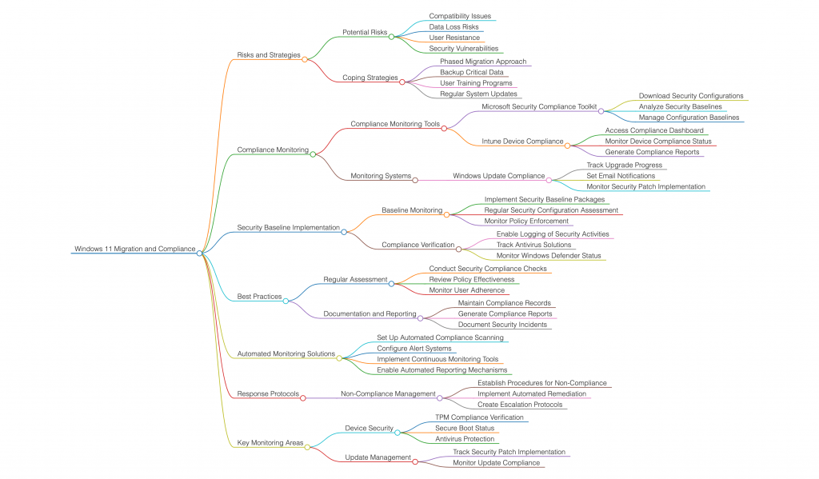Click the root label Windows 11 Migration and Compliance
point(134,249)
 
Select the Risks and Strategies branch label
point(269,55)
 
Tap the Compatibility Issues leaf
point(460,16)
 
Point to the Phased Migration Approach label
point(483,62)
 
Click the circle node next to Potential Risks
point(391,36)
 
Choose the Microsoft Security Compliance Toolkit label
point(539,106)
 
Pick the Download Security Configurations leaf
point(691,96)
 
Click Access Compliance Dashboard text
point(654,130)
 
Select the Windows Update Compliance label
point(498,176)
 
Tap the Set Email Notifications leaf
point(621,176)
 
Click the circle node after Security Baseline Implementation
point(344,232)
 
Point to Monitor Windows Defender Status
point(549,256)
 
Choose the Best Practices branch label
point(259,297)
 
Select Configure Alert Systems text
point(414,349)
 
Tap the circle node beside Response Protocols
point(302,397)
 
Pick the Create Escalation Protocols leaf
point(520,405)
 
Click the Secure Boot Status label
point(465,429)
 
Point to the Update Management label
point(378,457)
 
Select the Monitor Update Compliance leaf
point(496,463)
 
